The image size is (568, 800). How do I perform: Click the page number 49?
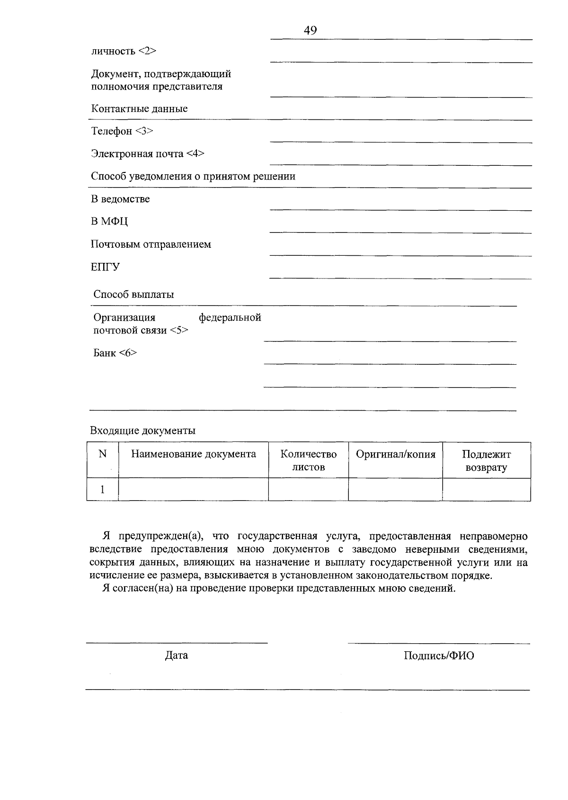pos(311,30)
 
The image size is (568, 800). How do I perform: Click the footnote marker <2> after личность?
pos(147,51)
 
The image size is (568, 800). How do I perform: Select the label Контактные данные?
pos(139,109)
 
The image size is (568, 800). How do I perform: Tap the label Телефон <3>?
pos(122,131)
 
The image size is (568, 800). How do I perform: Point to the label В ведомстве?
pos(120,199)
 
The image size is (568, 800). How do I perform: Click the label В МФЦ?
pos(109,222)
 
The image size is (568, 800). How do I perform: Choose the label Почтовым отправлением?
pos(151,244)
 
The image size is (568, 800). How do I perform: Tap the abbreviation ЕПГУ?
pos(105,267)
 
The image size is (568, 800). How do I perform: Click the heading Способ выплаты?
pos(133,295)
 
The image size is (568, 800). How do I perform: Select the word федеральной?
pos(230,317)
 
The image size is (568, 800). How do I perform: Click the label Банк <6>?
pos(115,353)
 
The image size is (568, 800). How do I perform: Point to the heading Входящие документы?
pos(142,431)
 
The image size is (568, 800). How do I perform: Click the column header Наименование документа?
pos(193,454)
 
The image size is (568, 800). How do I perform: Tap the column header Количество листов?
pos(308,460)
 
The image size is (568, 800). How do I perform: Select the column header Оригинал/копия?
pos(395,454)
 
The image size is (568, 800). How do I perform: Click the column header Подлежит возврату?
pos(486,461)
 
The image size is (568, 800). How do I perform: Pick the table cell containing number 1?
pos(102,489)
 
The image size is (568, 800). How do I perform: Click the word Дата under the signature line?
pos(176,656)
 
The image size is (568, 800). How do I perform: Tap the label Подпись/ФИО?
pos(439,656)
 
